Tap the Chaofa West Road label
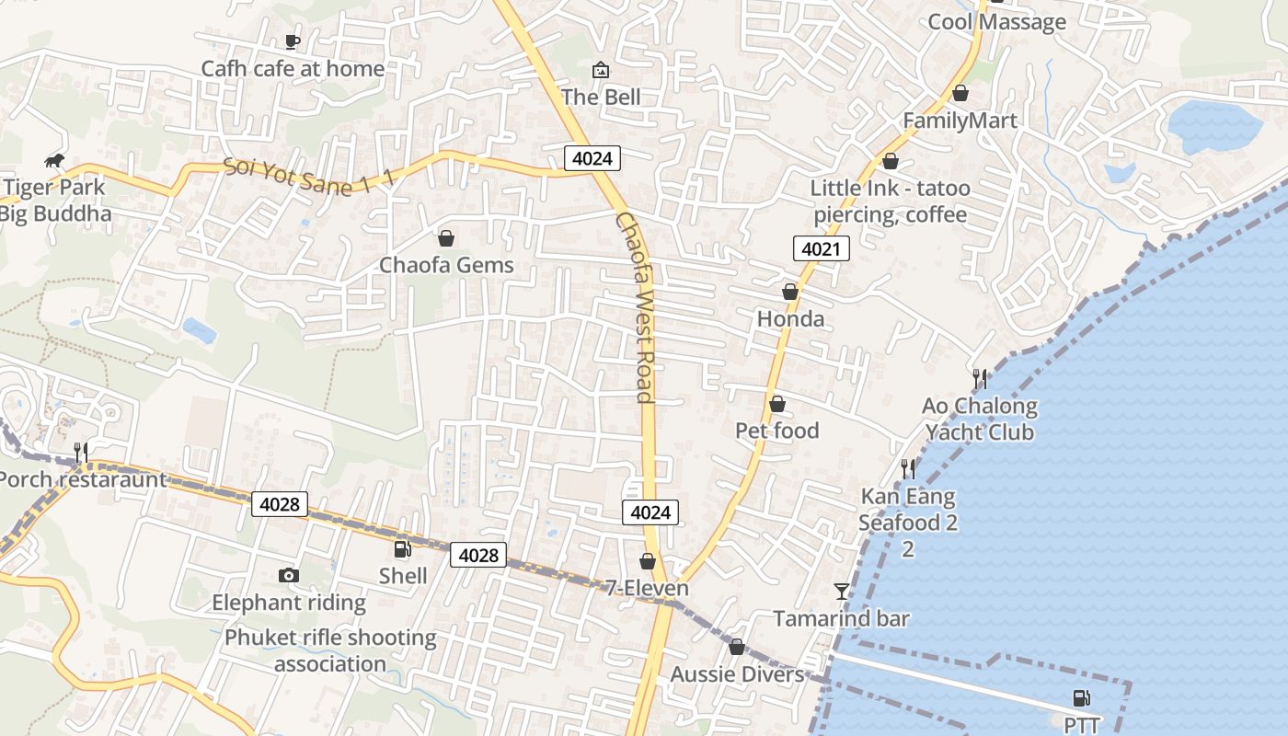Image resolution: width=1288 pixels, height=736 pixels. click(635, 307)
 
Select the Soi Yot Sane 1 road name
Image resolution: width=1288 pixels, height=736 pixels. click(308, 176)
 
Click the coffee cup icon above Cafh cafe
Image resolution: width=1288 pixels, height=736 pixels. click(293, 41)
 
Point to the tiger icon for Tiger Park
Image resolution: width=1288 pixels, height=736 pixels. click(54, 162)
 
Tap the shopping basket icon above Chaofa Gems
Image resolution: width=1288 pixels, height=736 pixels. click(446, 239)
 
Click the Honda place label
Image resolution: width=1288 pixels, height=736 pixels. click(790, 319)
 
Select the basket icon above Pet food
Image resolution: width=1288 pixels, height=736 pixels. click(777, 404)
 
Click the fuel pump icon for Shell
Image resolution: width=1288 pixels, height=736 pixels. click(403, 549)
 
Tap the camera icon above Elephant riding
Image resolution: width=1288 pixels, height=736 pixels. click(289, 576)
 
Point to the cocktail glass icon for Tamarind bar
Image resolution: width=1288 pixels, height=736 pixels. click(842, 592)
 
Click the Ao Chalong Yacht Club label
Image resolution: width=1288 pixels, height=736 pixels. click(980, 419)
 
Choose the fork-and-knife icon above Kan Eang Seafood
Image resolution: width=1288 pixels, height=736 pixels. click(908, 469)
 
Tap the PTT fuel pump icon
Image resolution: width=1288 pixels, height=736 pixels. click(1082, 699)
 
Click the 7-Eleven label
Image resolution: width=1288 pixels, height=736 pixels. click(647, 588)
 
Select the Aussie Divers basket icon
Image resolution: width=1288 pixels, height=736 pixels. click(736, 648)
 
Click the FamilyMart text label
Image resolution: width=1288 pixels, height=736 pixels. click(960, 121)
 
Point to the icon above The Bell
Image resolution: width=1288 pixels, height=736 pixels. click(601, 70)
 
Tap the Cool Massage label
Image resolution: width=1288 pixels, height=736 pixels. click(996, 22)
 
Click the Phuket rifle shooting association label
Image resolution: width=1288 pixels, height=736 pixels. click(330, 650)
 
